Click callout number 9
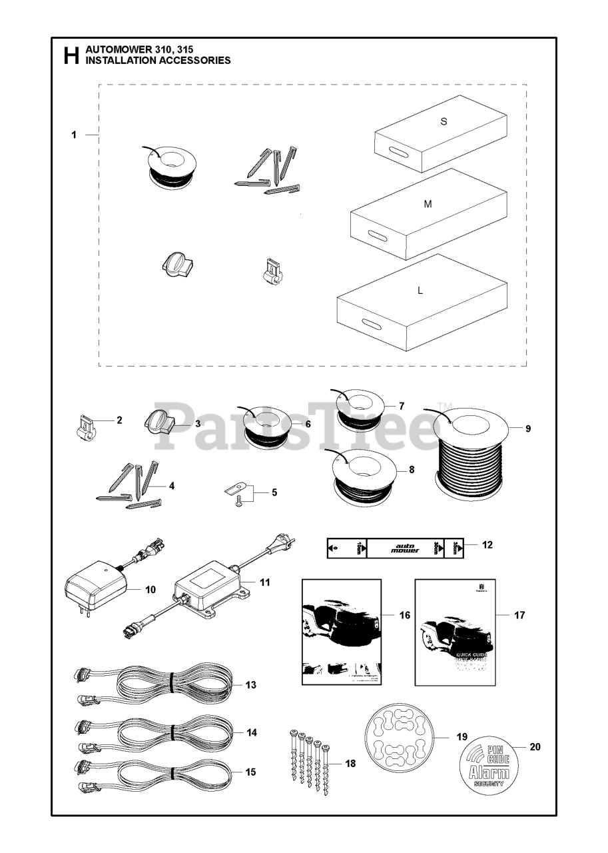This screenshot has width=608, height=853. click(x=528, y=428)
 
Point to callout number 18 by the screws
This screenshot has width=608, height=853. click(x=350, y=763)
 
